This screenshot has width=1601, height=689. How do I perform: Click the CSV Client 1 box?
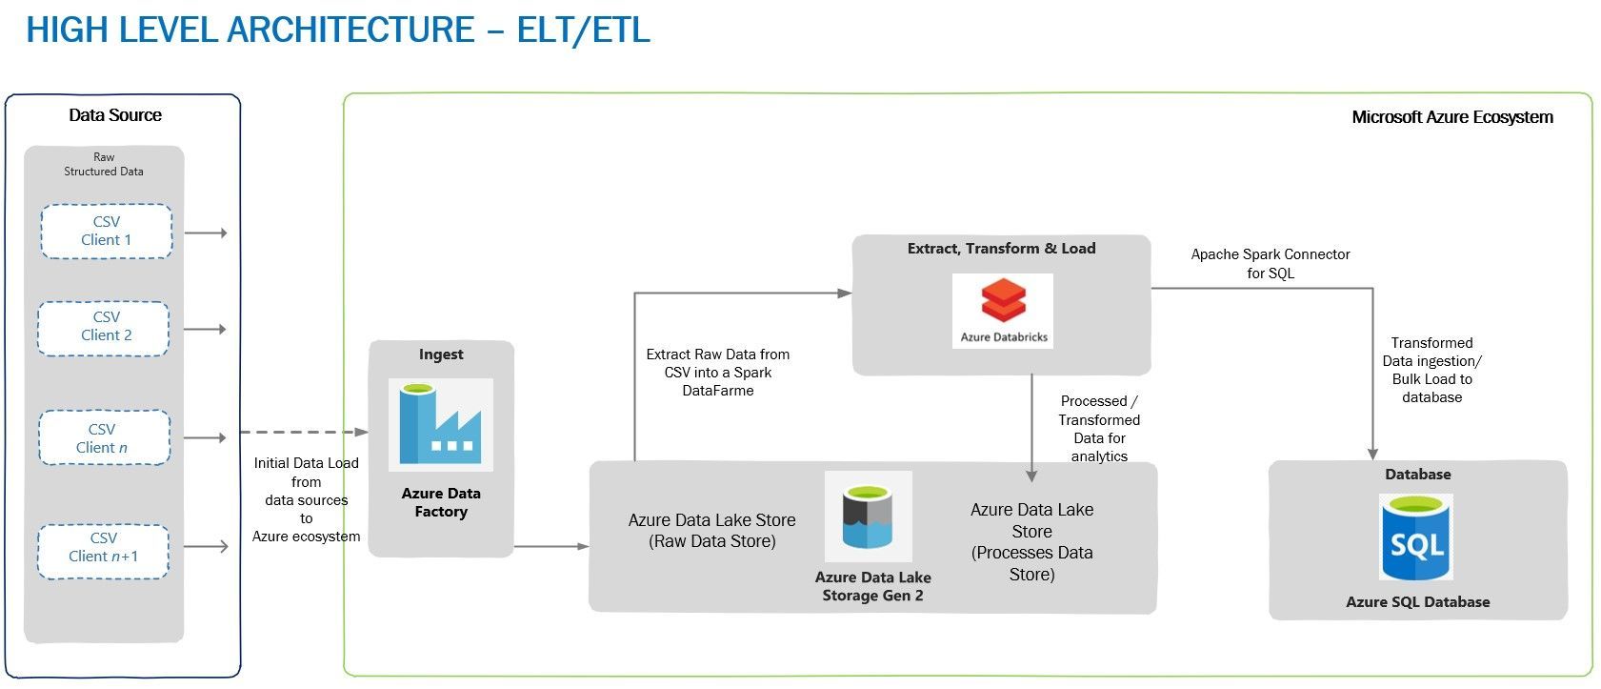pyautogui.click(x=106, y=231)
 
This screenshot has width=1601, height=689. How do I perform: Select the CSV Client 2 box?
pyautogui.click(x=104, y=327)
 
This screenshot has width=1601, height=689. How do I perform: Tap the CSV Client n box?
pyautogui.click(x=104, y=438)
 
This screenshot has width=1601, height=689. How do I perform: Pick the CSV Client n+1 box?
pyautogui.click(x=103, y=548)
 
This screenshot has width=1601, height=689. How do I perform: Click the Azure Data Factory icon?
pyautogui.click(x=440, y=424)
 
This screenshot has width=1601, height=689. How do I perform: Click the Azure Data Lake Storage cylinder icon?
pyautogui.click(x=868, y=517)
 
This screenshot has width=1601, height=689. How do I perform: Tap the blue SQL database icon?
pyautogui.click(x=1416, y=537)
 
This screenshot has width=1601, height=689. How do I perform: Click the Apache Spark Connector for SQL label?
pyautogui.click(x=1270, y=264)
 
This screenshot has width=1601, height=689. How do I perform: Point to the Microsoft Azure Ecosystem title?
pyautogui.click(x=1451, y=117)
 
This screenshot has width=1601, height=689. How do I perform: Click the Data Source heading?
pyautogui.click(x=115, y=115)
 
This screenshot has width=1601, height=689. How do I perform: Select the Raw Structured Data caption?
pyautogui.click(x=104, y=164)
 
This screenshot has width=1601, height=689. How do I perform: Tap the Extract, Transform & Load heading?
pyautogui.click(x=1001, y=249)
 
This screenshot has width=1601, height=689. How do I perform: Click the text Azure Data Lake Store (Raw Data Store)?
pyautogui.click(x=711, y=531)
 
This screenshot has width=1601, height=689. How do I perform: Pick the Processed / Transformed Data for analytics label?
pyautogui.click(x=1098, y=429)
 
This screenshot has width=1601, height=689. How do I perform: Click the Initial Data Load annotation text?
pyautogui.click(x=306, y=499)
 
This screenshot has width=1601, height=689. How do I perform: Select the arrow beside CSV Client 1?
pyautogui.click(x=205, y=233)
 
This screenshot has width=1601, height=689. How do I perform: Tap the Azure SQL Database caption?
pyautogui.click(x=1417, y=602)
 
